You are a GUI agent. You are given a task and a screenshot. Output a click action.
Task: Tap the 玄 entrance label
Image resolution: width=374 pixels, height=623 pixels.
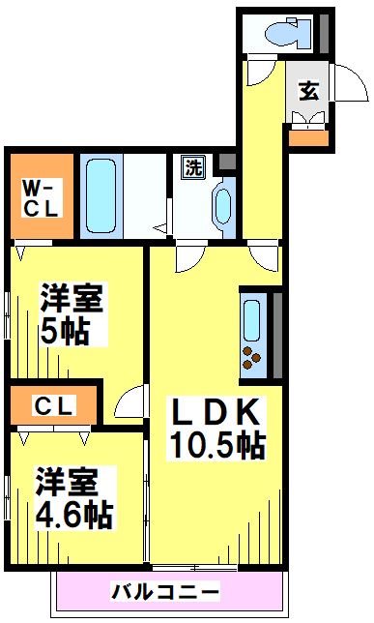click(308, 92)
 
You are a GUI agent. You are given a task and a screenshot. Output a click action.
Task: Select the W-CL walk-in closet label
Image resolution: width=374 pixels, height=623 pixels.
click(40, 196)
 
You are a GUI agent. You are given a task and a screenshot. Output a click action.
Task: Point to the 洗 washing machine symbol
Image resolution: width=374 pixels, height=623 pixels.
click(193, 166)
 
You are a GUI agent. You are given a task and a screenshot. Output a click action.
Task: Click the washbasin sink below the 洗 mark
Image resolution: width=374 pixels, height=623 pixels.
click(223, 206)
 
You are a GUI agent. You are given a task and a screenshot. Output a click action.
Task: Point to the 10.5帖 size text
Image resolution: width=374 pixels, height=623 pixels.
click(217, 446)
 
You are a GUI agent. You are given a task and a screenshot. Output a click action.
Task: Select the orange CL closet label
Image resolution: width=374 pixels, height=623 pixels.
click(54, 406)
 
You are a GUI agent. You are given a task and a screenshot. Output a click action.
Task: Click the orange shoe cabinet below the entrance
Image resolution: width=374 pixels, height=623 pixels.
click(308, 136)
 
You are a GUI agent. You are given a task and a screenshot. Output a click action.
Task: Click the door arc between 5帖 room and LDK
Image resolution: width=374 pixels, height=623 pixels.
click(130, 399)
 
